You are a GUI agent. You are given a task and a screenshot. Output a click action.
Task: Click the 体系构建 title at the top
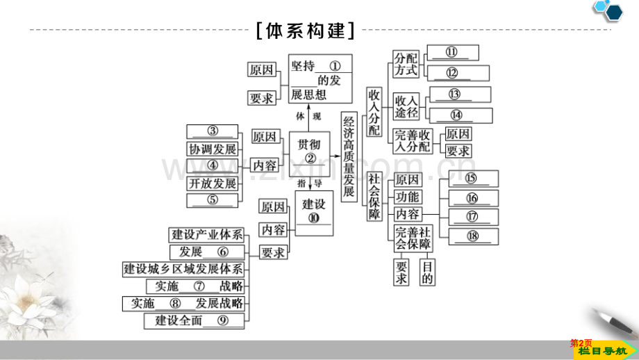click(306, 31)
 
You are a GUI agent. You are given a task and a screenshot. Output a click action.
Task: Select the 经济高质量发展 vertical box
click(349, 156)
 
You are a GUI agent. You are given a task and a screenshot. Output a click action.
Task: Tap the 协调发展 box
click(213, 149)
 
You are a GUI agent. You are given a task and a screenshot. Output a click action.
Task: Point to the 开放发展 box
click(213, 183)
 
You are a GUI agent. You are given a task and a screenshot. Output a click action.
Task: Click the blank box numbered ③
click(213, 131)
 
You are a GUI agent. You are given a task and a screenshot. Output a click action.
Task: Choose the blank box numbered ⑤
click(213, 200)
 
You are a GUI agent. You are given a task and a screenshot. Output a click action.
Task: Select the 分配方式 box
click(406, 64)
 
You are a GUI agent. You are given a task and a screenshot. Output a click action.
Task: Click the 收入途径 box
click(406, 106)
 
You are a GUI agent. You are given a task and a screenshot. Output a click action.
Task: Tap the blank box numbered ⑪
click(453, 53)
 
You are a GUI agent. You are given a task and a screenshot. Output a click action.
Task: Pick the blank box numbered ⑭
click(461, 115)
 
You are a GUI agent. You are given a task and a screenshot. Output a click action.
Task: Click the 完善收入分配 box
click(413, 141)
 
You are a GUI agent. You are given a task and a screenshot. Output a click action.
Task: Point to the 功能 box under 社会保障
click(408, 197)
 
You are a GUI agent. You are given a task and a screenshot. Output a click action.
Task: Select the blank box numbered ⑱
click(474, 236)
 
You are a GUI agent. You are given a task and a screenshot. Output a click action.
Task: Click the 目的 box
click(427, 272)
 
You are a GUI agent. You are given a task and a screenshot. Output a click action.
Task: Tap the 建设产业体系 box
click(206, 235)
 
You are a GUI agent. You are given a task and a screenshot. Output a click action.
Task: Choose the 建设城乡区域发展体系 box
click(183, 269)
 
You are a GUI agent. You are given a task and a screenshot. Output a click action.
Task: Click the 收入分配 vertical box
click(374, 112)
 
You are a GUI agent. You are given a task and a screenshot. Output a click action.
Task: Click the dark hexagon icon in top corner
click(614, 13)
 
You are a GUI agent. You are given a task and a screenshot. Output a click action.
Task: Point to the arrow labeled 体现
click(309, 118)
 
